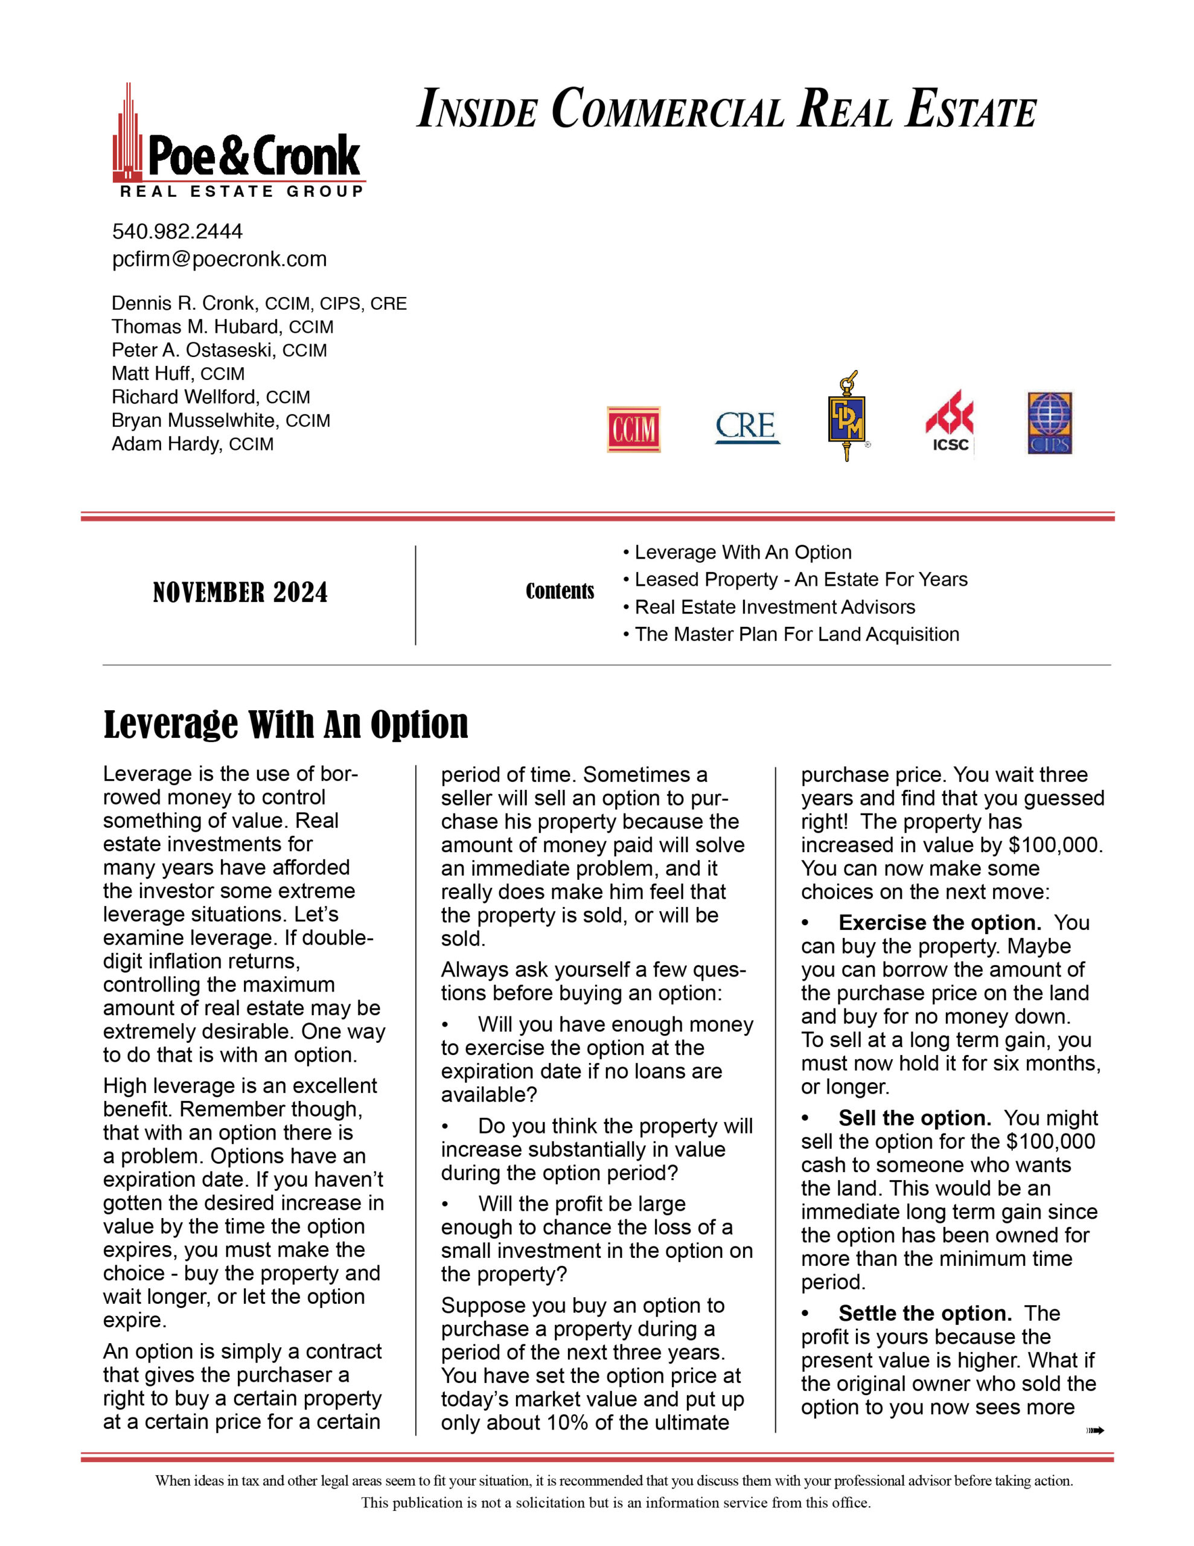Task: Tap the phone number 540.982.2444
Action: [177, 231]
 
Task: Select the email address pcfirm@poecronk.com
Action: [219, 259]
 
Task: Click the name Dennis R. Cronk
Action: [184, 304]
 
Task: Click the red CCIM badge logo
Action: [633, 429]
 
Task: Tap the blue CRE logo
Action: [747, 427]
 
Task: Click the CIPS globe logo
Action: [1050, 423]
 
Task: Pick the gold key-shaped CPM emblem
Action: [846, 416]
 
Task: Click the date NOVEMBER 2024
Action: [241, 593]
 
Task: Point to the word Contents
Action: [559, 592]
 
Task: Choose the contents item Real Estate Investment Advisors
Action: [774, 608]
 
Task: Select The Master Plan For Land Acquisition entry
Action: [796, 634]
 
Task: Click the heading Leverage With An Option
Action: [286, 725]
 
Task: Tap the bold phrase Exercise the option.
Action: [939, 923]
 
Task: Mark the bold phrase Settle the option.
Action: [924, 1314]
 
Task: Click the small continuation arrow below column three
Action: [1094, 1431]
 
